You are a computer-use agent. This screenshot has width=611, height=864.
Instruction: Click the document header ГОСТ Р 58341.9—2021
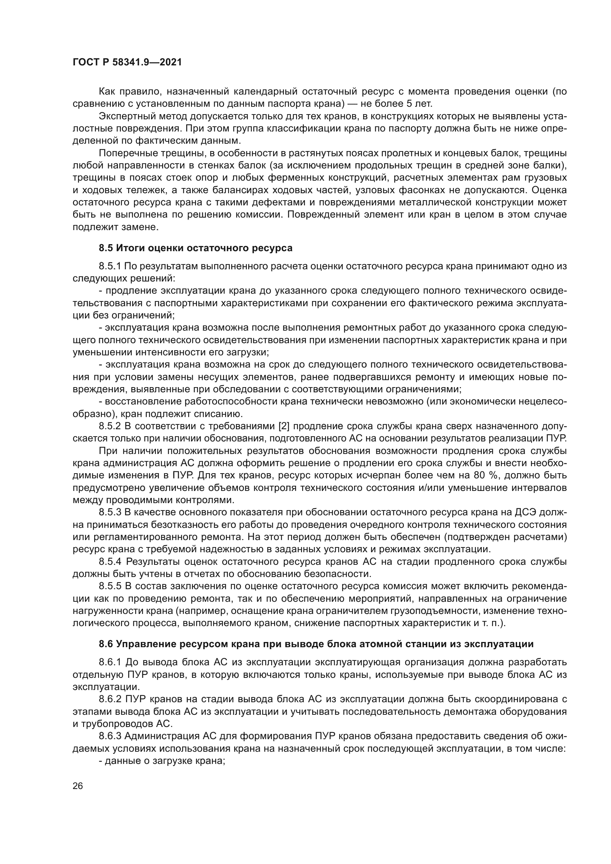(x=127, y=62)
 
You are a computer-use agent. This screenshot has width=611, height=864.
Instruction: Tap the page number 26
(x=78, y=786)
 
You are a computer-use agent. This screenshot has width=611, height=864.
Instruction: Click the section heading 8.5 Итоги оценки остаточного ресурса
(x=195, y=248)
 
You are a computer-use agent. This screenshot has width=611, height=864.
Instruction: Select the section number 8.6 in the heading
(x=106, y=644)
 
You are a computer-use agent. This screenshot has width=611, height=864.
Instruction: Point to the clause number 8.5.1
(x=109, y=266)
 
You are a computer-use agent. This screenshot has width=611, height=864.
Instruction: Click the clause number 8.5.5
(x=109, y=586)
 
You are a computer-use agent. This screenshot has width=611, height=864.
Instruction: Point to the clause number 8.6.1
(x=109, y=662)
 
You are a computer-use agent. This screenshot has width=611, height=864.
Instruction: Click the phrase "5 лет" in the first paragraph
(x=419, y=103)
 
